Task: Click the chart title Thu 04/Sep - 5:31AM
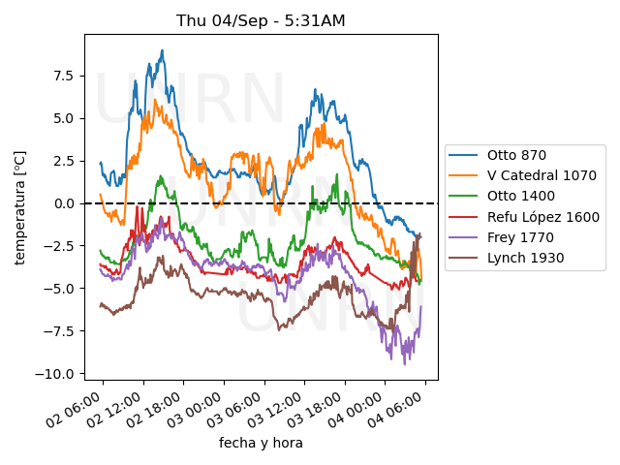click(x=261, y=20)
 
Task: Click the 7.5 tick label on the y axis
click(x=64, y=76)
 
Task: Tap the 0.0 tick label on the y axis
click(x=64, y=203)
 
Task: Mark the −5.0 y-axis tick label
click(x=60, y=289)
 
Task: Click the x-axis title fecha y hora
click(x=261, y=443)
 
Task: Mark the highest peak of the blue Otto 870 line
click(x=163, y=50)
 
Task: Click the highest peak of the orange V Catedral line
click(x=157, y=98)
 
